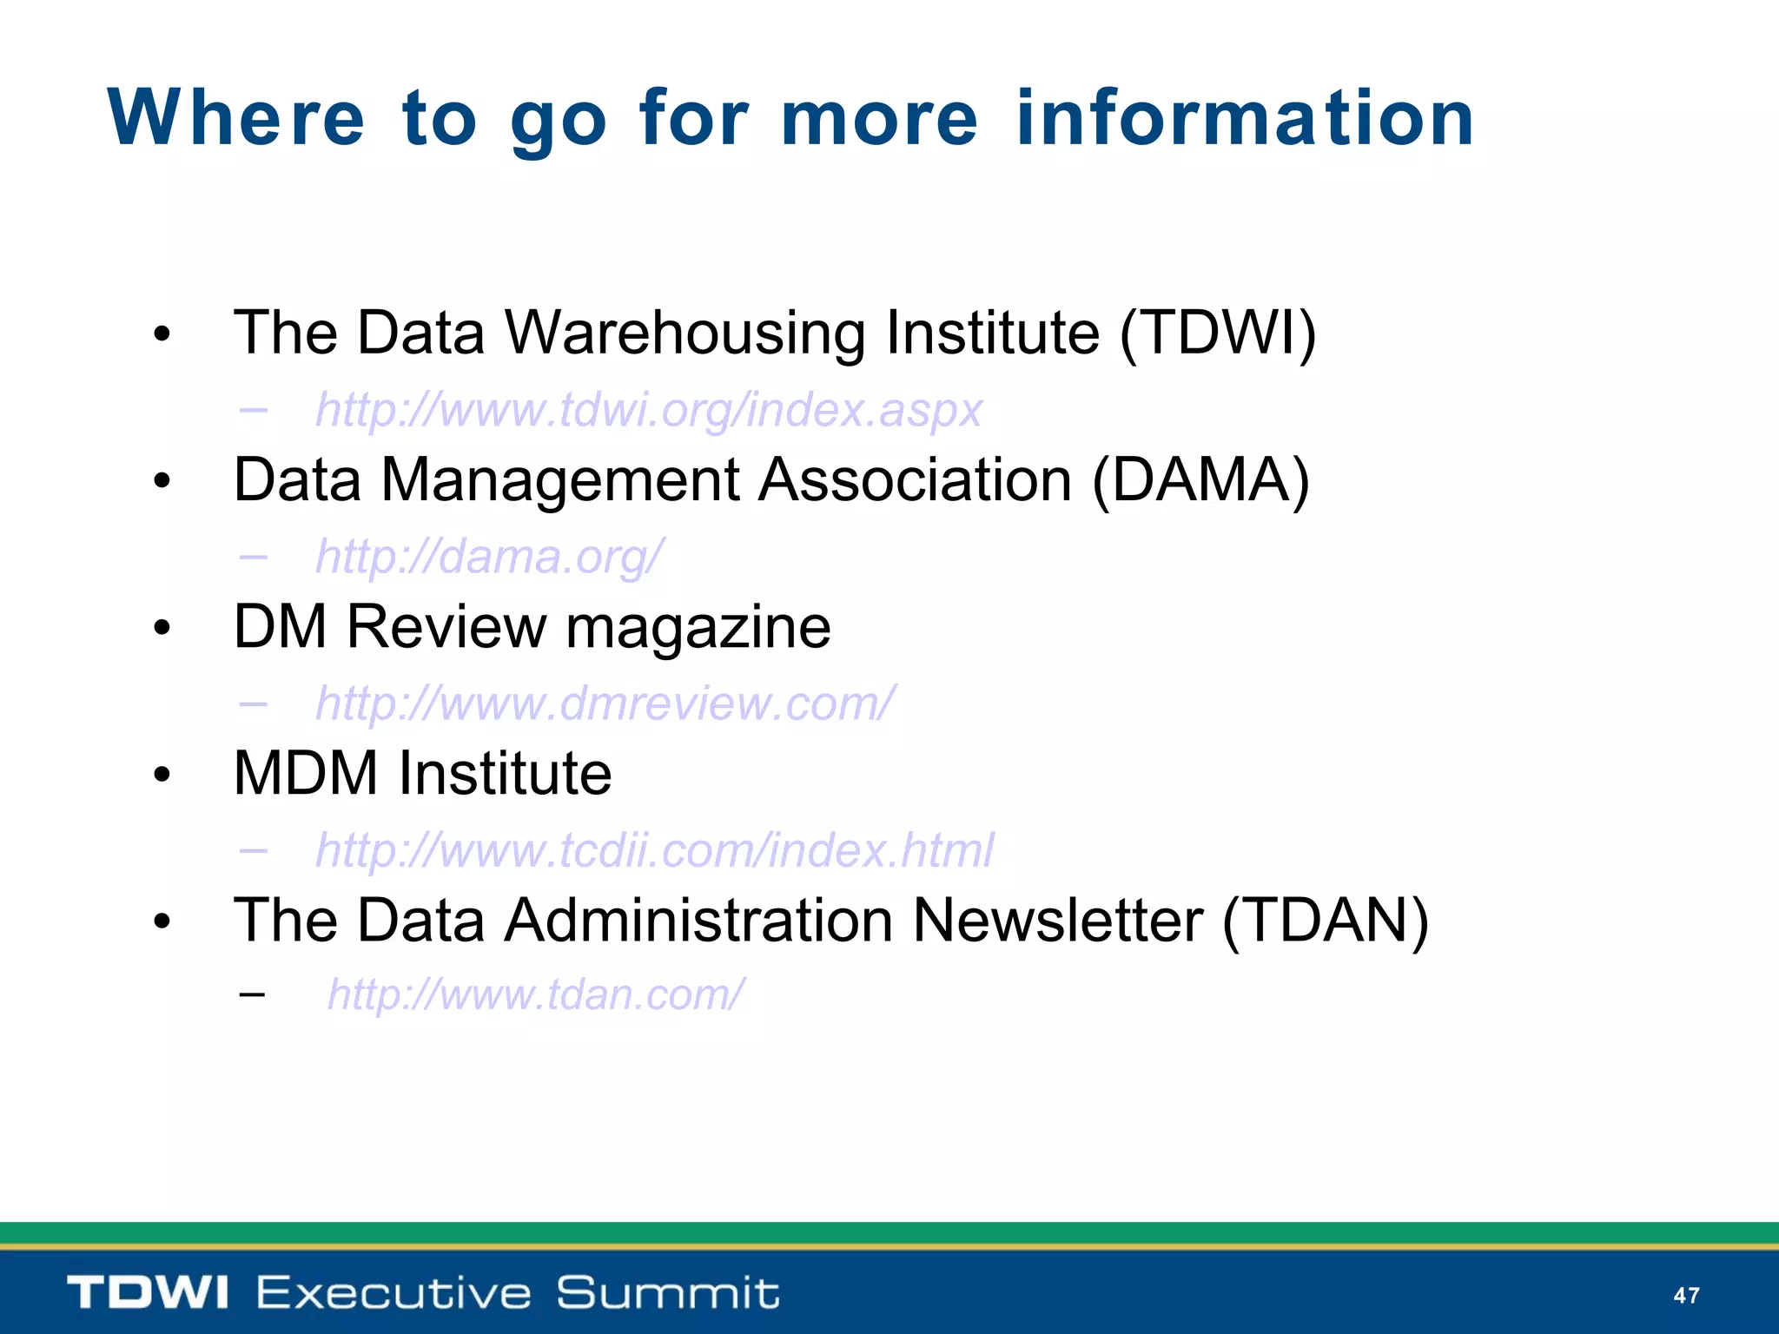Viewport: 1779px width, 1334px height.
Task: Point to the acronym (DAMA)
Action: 1200,479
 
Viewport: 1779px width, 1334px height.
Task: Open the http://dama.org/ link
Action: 490,556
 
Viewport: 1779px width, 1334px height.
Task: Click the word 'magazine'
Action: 698,627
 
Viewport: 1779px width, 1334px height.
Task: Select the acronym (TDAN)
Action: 1325,920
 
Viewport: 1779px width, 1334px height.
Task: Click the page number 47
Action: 1686,1296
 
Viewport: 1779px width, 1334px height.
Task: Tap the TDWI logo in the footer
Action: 148,1292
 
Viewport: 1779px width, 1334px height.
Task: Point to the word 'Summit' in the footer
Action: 667,1292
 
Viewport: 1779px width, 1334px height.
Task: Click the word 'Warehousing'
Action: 685,334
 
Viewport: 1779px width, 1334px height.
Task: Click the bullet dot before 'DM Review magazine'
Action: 162,628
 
